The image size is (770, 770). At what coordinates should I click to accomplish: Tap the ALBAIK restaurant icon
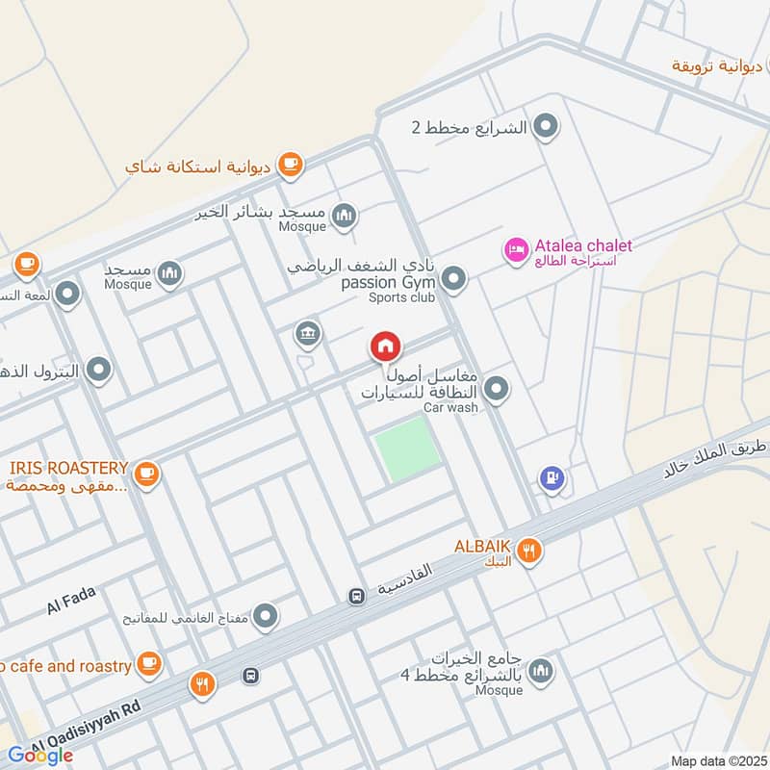point(528,552)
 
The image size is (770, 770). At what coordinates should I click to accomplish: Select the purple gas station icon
point(552,477)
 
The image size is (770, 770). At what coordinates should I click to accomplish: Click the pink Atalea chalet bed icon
point(516,250)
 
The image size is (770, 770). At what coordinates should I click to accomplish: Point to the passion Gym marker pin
point(454,280)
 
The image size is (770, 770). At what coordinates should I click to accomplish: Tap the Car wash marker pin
point(496,389)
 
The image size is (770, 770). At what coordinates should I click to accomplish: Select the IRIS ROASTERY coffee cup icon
point(146,473)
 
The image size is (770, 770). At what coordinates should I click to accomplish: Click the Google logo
point(40,755)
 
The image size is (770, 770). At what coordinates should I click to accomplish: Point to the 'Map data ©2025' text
point(717,761)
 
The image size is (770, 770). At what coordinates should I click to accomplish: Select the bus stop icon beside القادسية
point(356,597)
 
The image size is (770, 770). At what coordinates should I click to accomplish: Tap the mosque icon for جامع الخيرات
point(541,671)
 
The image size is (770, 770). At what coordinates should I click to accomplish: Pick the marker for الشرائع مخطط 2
point(546,126)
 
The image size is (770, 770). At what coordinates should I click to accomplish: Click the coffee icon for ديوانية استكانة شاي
point(290,165)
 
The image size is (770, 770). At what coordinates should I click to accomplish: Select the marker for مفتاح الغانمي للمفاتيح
point(266,614)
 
